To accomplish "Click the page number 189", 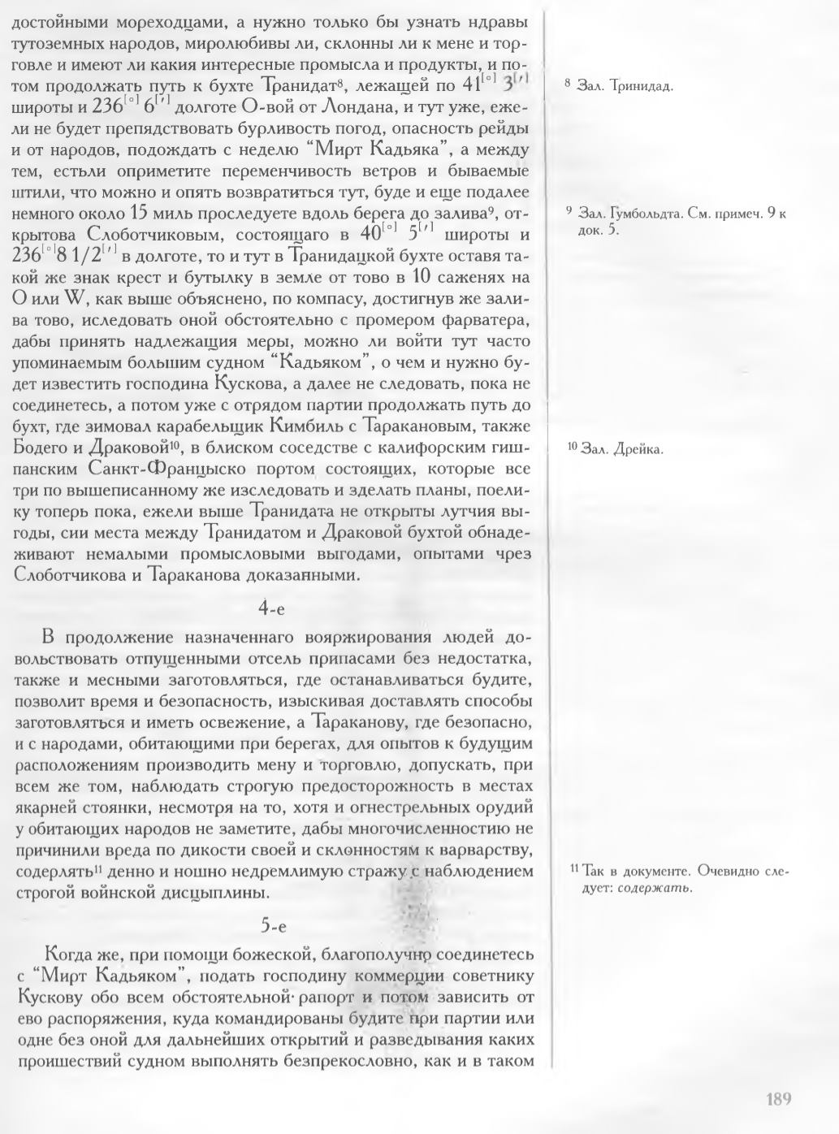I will [x=778, y=1099].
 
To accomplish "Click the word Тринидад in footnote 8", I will [x=639, y=85].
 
